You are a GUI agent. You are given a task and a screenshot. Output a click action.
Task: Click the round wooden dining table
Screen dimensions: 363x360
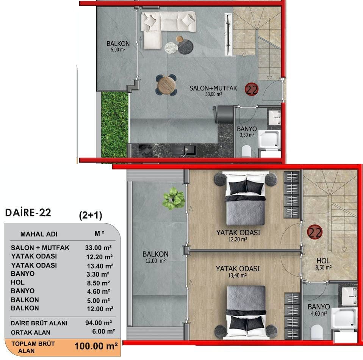click(166, 85)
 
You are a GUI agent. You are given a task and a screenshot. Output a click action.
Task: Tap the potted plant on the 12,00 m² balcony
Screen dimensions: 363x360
click(174, 199)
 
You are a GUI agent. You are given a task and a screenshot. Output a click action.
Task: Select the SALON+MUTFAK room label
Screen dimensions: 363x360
click(213, 88)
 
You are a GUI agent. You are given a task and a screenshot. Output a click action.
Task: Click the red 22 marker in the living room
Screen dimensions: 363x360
click(252, 89)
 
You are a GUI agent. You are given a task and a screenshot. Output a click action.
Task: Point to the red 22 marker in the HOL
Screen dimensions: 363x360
click(314, 232)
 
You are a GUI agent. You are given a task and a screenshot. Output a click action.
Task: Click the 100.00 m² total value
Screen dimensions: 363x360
click(96, 346)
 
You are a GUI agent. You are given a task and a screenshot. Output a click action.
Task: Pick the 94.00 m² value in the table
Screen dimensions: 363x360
click(99, 323)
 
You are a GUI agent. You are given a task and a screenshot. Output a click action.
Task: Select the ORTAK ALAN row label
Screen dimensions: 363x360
click(30, 332)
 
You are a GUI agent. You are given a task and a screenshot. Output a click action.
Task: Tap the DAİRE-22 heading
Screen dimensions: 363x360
click(28, 213)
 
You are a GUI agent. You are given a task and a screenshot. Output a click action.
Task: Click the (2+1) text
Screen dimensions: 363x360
click(91, 215)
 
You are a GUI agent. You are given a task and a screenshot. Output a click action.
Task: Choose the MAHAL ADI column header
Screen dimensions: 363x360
click(39, 234)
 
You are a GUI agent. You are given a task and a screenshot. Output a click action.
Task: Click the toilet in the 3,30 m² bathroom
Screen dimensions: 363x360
click(246, 151)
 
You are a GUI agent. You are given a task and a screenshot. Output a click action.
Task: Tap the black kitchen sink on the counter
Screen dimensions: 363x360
click(189, 150)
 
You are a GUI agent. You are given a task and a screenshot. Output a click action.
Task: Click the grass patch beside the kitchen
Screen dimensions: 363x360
click(114, 125)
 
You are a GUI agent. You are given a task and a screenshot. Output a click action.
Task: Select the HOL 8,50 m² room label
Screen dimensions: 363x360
click(324, 264)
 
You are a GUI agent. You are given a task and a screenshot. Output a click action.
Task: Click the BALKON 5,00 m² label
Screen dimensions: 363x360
click(118, 46)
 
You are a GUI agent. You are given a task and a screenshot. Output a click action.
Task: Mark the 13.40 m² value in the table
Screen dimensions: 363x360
click(100, 266)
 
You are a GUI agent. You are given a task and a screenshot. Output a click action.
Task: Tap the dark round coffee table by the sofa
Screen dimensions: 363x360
click(185, 47)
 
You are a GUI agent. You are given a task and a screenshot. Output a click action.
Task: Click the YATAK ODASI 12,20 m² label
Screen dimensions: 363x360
click(238, 236)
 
